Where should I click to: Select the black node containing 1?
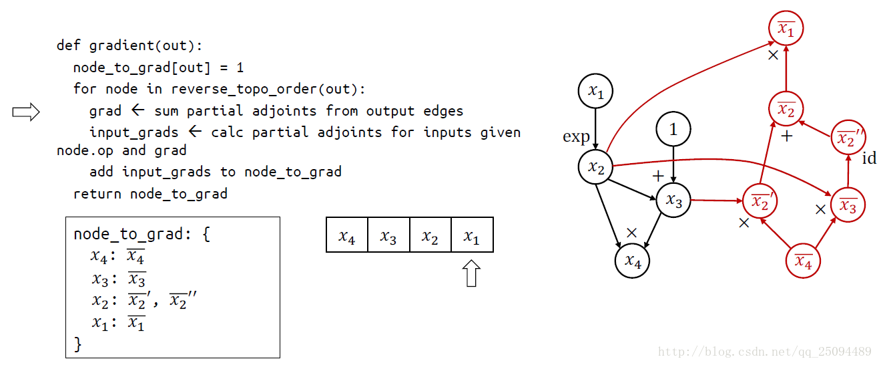tap(673, 129)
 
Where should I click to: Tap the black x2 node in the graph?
tap(595, 167)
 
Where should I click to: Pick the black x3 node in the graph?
tap(673, 201)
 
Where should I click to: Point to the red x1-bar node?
tap(786, 29)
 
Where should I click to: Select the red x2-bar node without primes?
tap(786, 110)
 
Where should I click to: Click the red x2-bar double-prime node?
tap(848, 138)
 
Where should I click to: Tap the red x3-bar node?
tap(848, 205)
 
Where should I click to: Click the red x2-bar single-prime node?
tap(760, 201)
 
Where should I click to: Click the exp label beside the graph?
tap(576, 137)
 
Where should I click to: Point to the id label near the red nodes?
tap(869, 158)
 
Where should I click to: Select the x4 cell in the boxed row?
tap(347, 235)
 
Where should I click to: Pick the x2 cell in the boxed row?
tap(430, 235)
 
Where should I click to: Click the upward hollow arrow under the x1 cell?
tap(472, 273)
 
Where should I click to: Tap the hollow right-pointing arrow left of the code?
tap(26, 112)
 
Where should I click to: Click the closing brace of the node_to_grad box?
tap(77, 344)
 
